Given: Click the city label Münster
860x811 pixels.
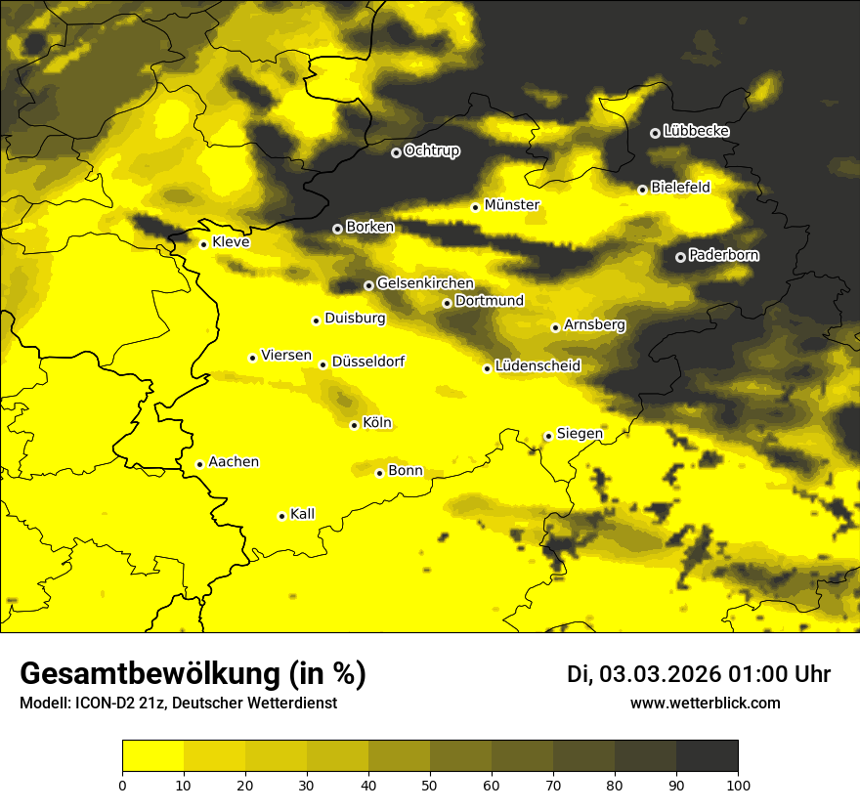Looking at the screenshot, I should click(512, 205).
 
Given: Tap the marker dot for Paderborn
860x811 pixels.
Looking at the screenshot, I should click(680, 257).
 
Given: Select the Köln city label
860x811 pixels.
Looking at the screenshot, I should click(377, 423).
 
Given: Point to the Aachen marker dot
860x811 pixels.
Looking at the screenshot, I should click(199, 464).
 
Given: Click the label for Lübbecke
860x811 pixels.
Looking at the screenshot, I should click(697, 131).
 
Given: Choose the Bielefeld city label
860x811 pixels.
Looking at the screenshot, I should click(680, 187).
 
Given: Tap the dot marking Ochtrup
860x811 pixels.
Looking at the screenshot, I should click(396, 152).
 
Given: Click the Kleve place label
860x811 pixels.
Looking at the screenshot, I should click(232, 242).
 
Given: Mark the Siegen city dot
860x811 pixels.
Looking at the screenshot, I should click(548, 436).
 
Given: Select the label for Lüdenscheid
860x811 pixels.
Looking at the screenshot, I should click(537, 366).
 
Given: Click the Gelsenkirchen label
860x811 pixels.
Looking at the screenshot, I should click(425, 283).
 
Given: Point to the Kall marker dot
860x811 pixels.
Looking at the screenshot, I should click(281, 516).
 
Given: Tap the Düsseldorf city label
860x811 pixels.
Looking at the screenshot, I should click(368, 362).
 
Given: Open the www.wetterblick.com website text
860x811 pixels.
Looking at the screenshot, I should click(706, 704).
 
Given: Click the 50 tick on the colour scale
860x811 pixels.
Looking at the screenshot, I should click(430, 784).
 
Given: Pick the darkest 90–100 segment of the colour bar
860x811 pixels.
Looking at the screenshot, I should click(707, 756).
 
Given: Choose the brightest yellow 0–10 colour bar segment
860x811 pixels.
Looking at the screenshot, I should click(152, 756).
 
